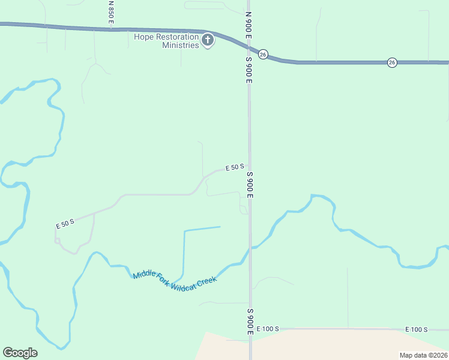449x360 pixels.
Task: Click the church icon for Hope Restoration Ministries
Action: (208, 41)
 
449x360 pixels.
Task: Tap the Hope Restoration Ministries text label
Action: (166, 41)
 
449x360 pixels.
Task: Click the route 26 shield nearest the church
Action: (263, 54)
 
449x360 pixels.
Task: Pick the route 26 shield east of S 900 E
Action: (391, 62)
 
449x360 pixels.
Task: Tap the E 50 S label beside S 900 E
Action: (234, 167)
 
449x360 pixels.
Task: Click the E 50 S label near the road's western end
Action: (65, 224)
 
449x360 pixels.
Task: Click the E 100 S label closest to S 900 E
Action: (268, 329)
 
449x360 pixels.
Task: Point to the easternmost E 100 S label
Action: (416, 329)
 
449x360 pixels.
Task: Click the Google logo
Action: (20, 353)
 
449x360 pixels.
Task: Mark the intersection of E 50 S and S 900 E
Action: (250, 169)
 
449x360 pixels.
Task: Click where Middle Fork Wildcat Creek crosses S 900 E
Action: (250, 247)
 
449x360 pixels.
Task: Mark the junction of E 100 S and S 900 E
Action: (250, 329)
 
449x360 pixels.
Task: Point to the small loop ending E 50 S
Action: (58, 241)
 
